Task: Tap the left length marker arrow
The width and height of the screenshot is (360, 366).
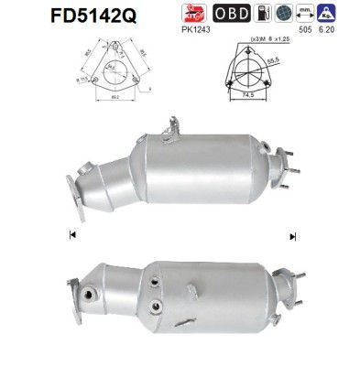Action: coord(71,235)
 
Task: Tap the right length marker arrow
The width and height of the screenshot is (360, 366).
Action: coord(293,235)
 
